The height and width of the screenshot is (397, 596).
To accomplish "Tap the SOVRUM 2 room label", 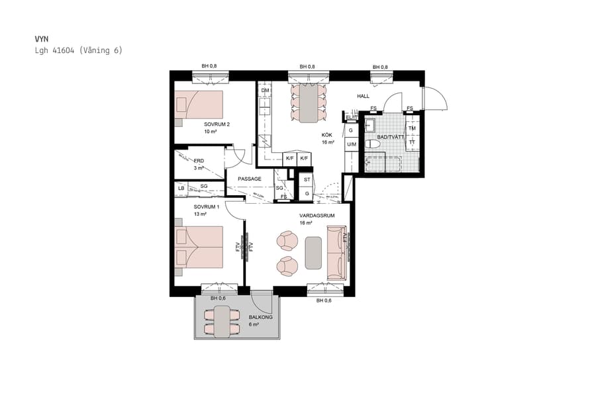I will coord(217,124).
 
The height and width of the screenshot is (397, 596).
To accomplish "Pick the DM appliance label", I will coord(265,90).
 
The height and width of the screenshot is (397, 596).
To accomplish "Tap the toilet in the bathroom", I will coord(373,143).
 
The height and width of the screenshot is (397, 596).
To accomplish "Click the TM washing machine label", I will coord(412,128).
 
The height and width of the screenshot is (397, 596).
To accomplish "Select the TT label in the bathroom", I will coord(412,142).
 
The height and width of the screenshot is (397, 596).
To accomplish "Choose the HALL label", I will coord(363,97).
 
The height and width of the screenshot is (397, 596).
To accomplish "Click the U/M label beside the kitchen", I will coord(351,144).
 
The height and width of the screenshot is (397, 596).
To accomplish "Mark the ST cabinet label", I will coord(307,179).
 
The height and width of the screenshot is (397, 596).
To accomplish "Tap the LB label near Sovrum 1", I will coord(181,188).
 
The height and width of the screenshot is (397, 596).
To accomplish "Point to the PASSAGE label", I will coord(249,179).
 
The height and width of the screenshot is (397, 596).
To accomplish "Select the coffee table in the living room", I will coord(313,253).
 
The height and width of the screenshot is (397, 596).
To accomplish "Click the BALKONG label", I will coord(260,318).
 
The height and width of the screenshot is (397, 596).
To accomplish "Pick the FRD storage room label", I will coord(199,160).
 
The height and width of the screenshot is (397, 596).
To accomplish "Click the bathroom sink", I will coord(370,125).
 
